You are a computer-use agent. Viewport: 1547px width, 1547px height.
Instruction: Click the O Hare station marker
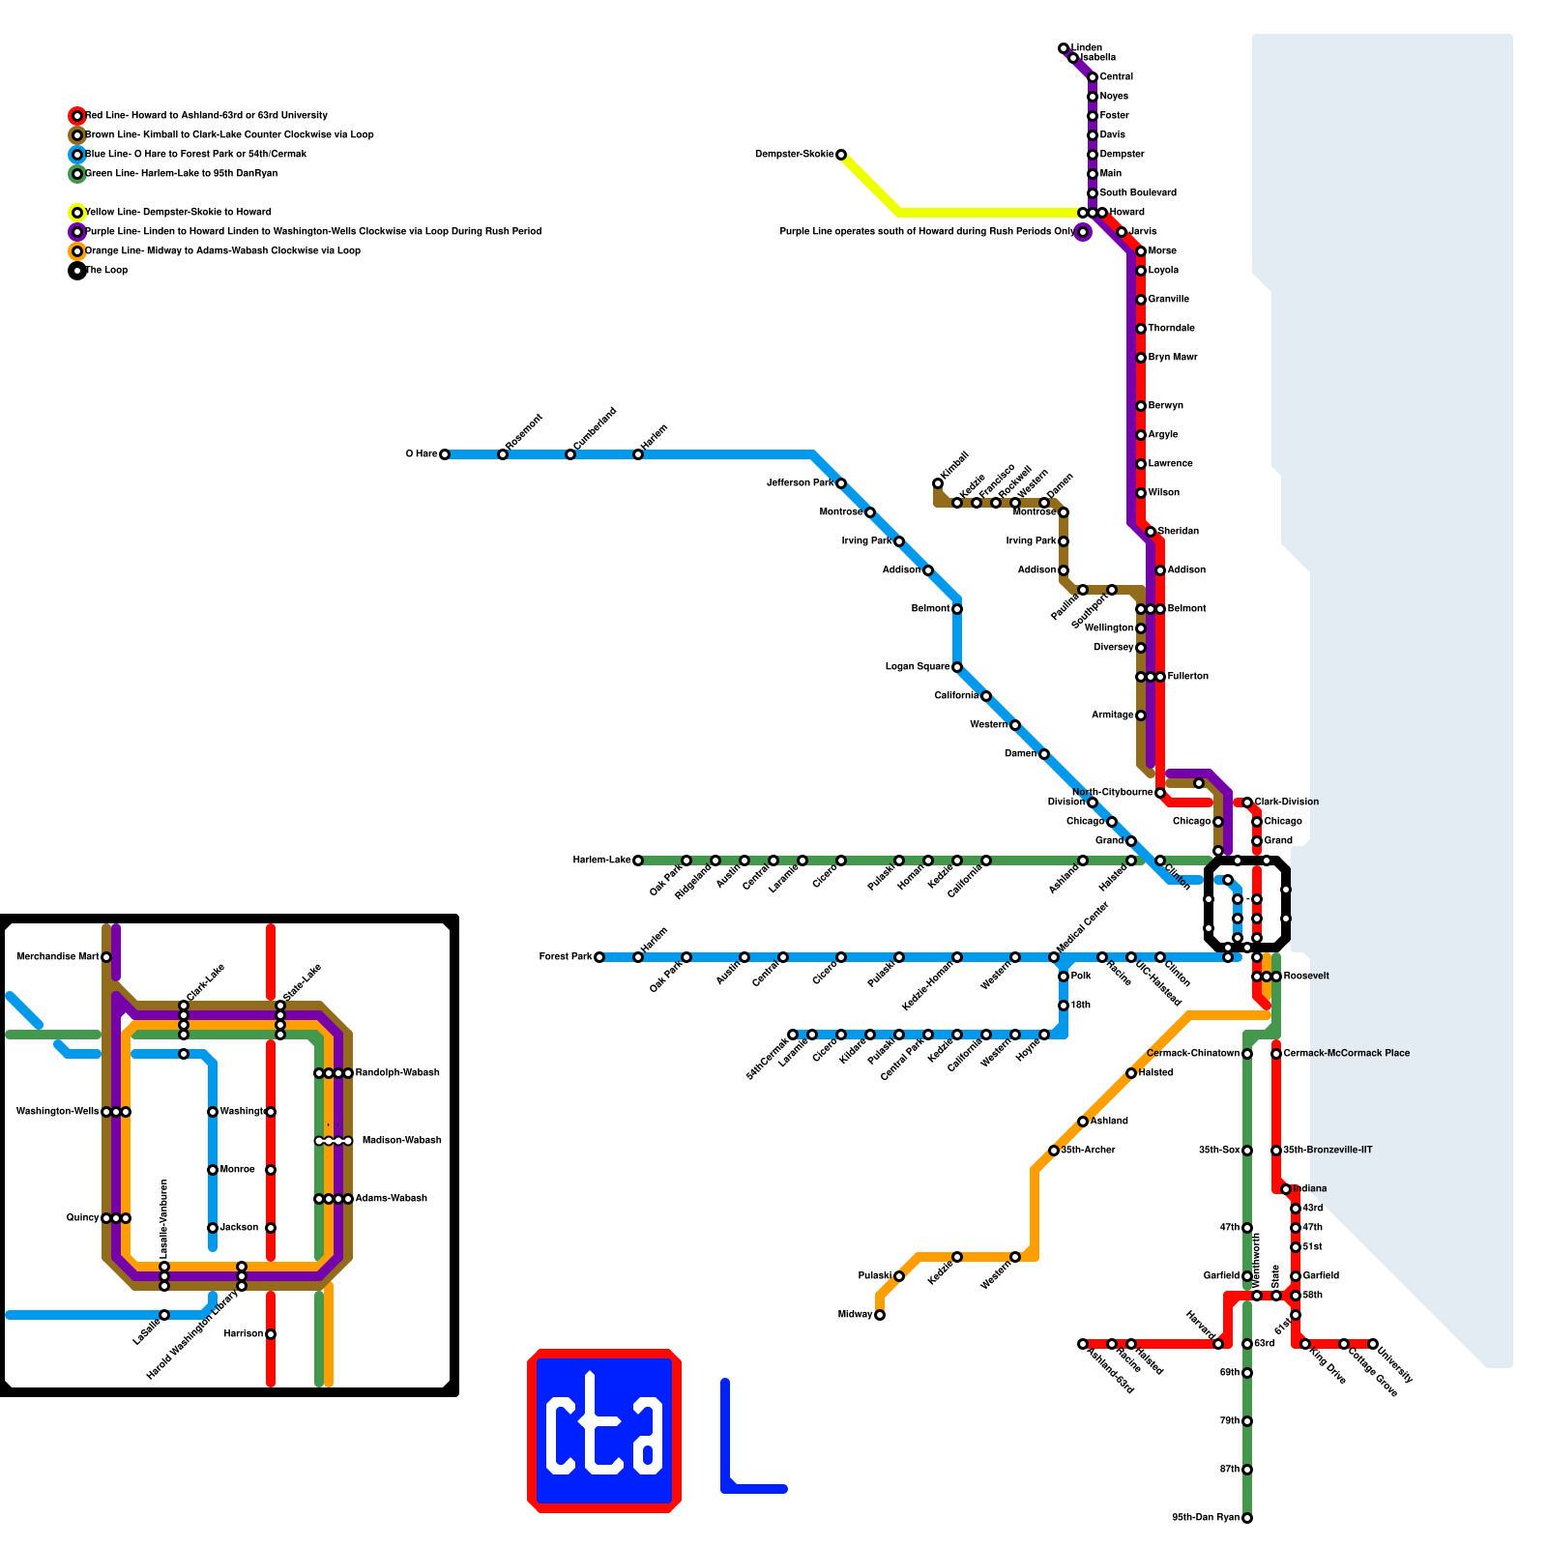click(x=445, y=454)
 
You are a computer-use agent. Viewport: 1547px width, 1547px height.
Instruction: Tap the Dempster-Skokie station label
click(x=794, y=155)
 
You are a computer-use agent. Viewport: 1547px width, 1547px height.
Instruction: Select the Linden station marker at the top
click(x=1064, y=48)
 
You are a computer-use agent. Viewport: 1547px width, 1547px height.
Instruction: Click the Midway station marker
click(x=880, y=1315)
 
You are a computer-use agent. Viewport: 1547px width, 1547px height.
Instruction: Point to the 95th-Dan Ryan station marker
click(x=1247, y=1518)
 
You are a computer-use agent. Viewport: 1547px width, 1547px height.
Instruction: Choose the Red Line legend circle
click(x=77, y=116)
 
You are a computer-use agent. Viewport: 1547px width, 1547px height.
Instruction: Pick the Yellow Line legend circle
click(x=77, y=213)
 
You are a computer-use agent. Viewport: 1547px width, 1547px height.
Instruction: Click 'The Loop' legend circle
click(x=77, y=271)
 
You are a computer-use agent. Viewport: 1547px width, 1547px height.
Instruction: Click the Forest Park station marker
click(x=599, y=957)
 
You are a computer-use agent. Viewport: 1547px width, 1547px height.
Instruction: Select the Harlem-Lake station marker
click(x=638, y=861)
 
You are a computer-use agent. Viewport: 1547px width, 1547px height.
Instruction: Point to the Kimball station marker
click(x=938, y=483)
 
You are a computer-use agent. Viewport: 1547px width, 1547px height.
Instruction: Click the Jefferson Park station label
click(x=800, y=482)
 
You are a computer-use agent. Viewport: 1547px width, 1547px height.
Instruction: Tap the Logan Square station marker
click(x=957, y=667)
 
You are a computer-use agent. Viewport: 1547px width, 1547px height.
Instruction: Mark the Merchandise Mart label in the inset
click(x=58, y=957)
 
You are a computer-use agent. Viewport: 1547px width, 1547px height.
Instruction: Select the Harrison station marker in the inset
click(x=271, y=1334)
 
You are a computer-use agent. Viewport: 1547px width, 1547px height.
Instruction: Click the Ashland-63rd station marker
click(x=1083, y=1344)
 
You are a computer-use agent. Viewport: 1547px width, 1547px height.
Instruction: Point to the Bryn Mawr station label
click(x=1173, y=358)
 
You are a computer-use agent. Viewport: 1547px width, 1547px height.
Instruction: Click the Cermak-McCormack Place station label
click(x=1346, y=1053)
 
